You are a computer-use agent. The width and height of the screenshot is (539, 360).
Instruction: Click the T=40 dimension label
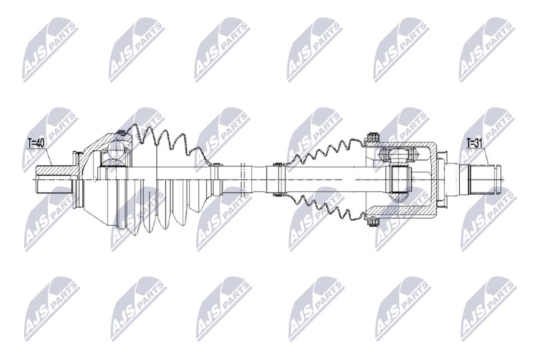35,143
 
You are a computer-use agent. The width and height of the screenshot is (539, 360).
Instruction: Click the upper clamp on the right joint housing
372,137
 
